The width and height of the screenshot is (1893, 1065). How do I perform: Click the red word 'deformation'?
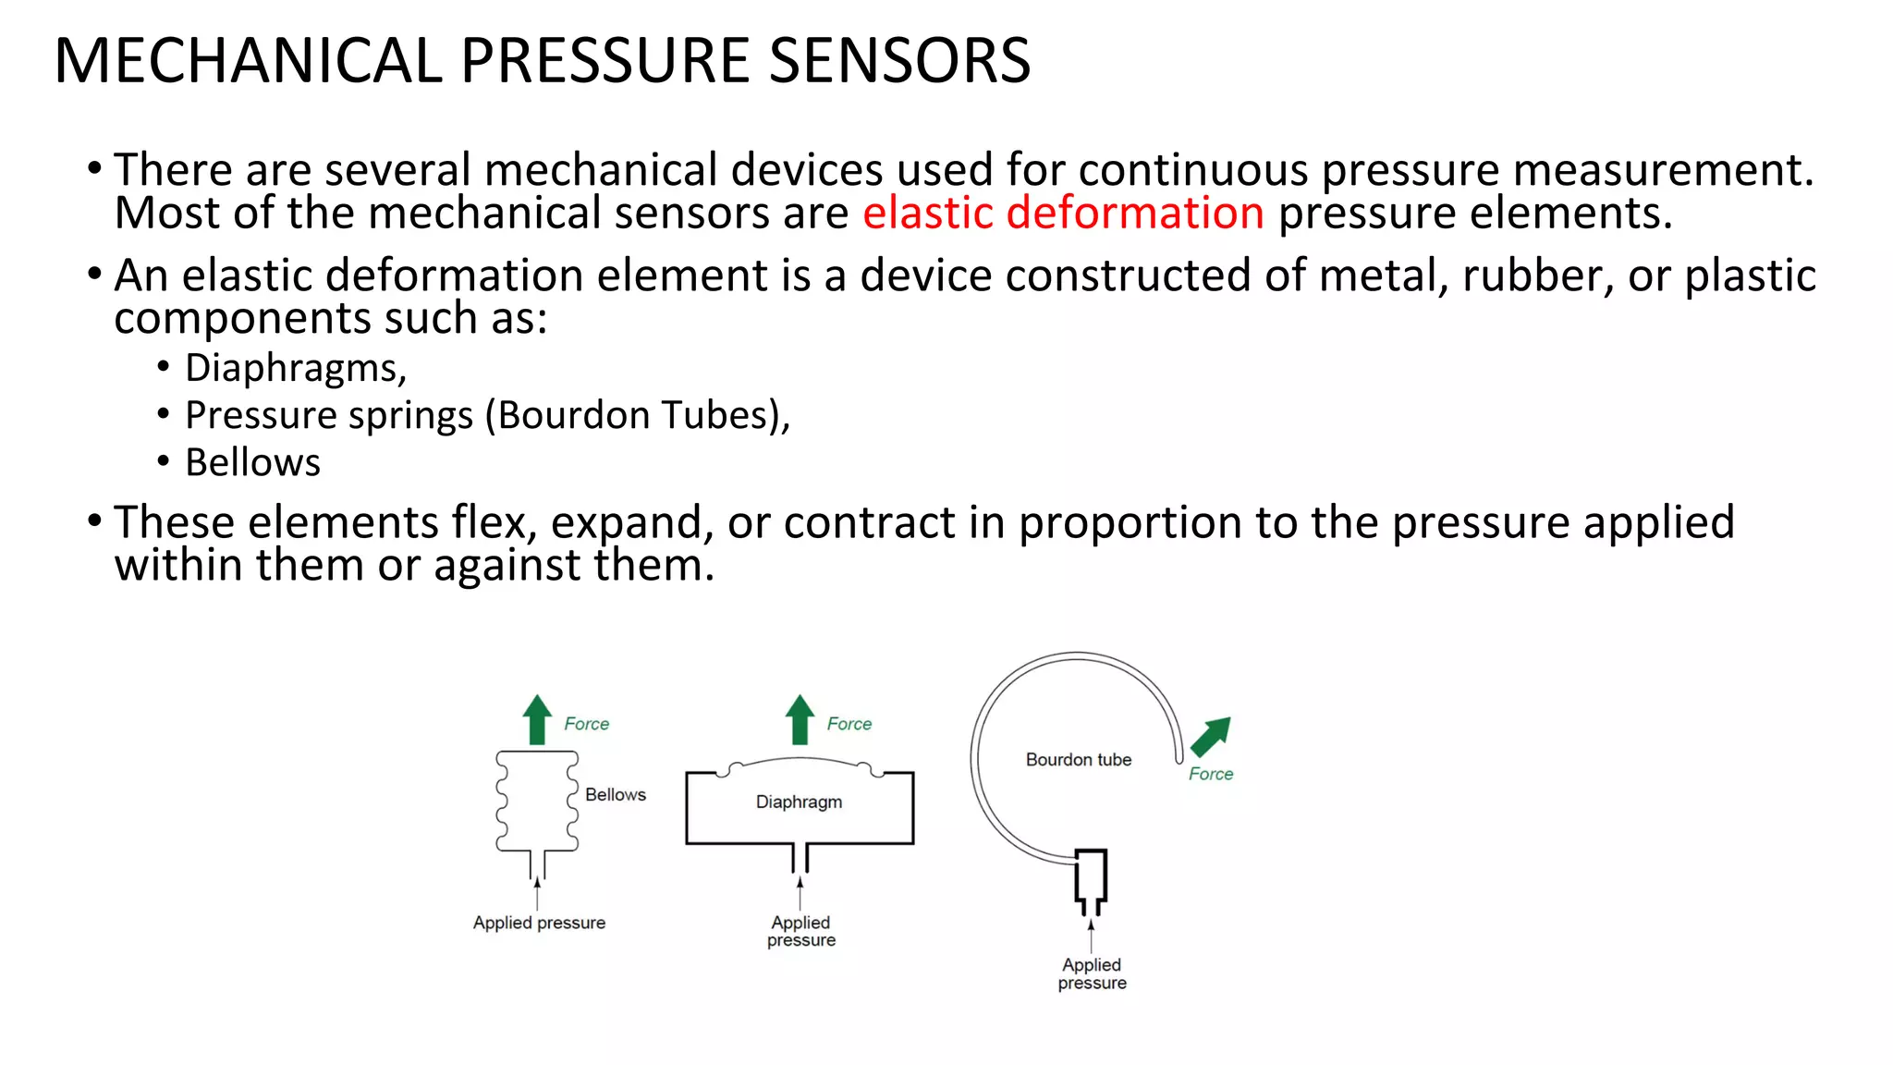pos(1134,213)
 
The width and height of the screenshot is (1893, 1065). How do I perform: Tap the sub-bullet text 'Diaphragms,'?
pos(296,368)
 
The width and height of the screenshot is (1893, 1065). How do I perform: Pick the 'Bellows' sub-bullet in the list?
pos(252,462)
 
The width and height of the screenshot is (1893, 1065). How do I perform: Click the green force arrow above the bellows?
pos(537,720)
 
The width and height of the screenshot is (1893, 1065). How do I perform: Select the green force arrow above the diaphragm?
pos(800,720)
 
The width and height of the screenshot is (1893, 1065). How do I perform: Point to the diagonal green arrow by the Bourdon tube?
pos(1210,736)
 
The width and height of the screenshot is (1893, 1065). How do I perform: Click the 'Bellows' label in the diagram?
pos(615,794)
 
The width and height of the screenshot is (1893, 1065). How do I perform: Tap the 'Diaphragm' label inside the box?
pos(799,802)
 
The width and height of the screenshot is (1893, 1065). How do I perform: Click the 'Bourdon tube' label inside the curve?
pos(1078,760)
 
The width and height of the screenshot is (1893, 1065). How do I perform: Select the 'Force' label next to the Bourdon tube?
pos(1210,774)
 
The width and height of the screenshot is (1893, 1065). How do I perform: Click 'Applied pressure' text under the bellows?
pos(539,923)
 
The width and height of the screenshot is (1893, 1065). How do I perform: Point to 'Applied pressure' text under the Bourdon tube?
pos(1092,973)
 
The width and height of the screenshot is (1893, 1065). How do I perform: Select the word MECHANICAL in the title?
pos(248,61)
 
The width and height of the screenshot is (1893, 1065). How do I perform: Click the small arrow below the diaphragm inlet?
pos(800,891)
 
